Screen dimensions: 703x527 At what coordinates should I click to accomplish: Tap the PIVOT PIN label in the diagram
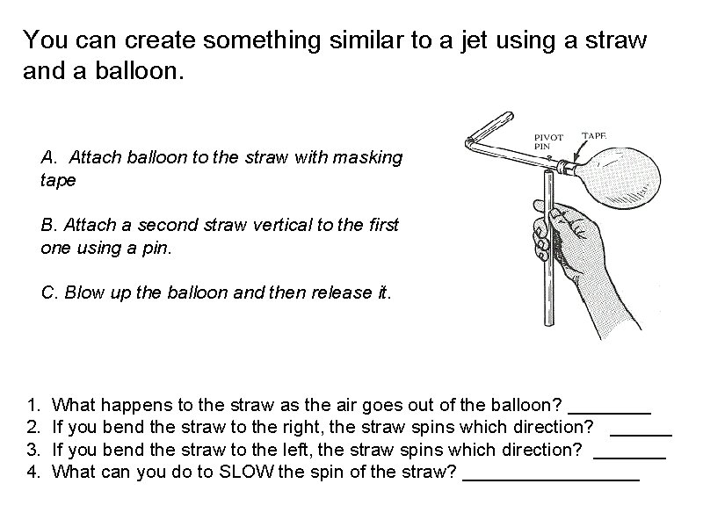[x=547, y=141]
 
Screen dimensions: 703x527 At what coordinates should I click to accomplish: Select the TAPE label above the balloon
[x=594, y=135]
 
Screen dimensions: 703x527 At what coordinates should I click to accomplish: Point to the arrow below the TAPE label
[x=581, y=149]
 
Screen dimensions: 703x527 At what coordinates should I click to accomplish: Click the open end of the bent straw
[x=510, y=115]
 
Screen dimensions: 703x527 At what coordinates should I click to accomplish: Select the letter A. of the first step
[x=49, y=157]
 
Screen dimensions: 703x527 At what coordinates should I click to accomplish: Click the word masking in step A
[x=367, y=158]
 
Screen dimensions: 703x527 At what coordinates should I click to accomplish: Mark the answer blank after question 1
[x=609, y=412]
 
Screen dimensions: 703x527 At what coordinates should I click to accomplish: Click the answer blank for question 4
[x=551, y=480]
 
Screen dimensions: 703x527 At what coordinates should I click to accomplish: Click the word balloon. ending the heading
[x=140, y=71]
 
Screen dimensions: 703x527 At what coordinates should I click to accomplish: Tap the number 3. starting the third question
[x=33, y=450]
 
